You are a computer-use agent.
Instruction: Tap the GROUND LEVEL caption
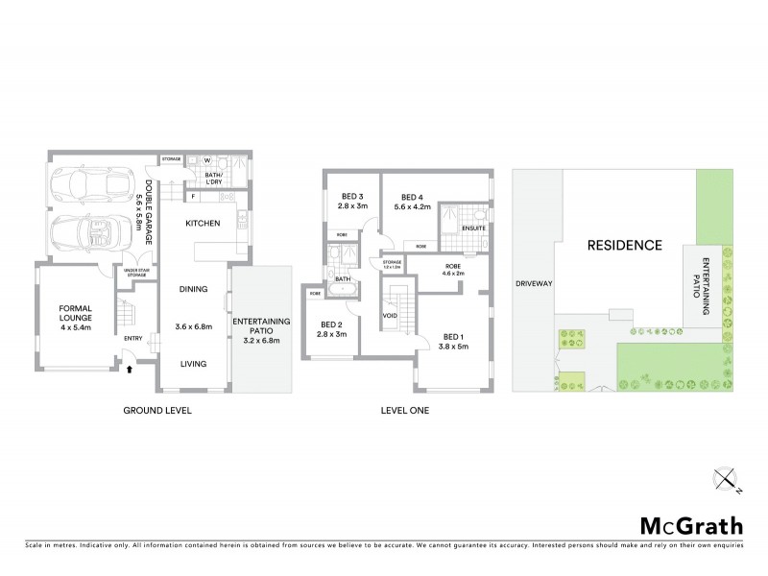tap(157, 410)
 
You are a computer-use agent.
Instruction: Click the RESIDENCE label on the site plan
tap(625, 245)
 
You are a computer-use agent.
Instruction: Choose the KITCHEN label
tap(203, 223)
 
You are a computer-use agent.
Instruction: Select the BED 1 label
tap(453, 337)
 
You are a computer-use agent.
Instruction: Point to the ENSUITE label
tap(472, 228)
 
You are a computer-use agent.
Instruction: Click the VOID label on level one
tap(390, 315)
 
